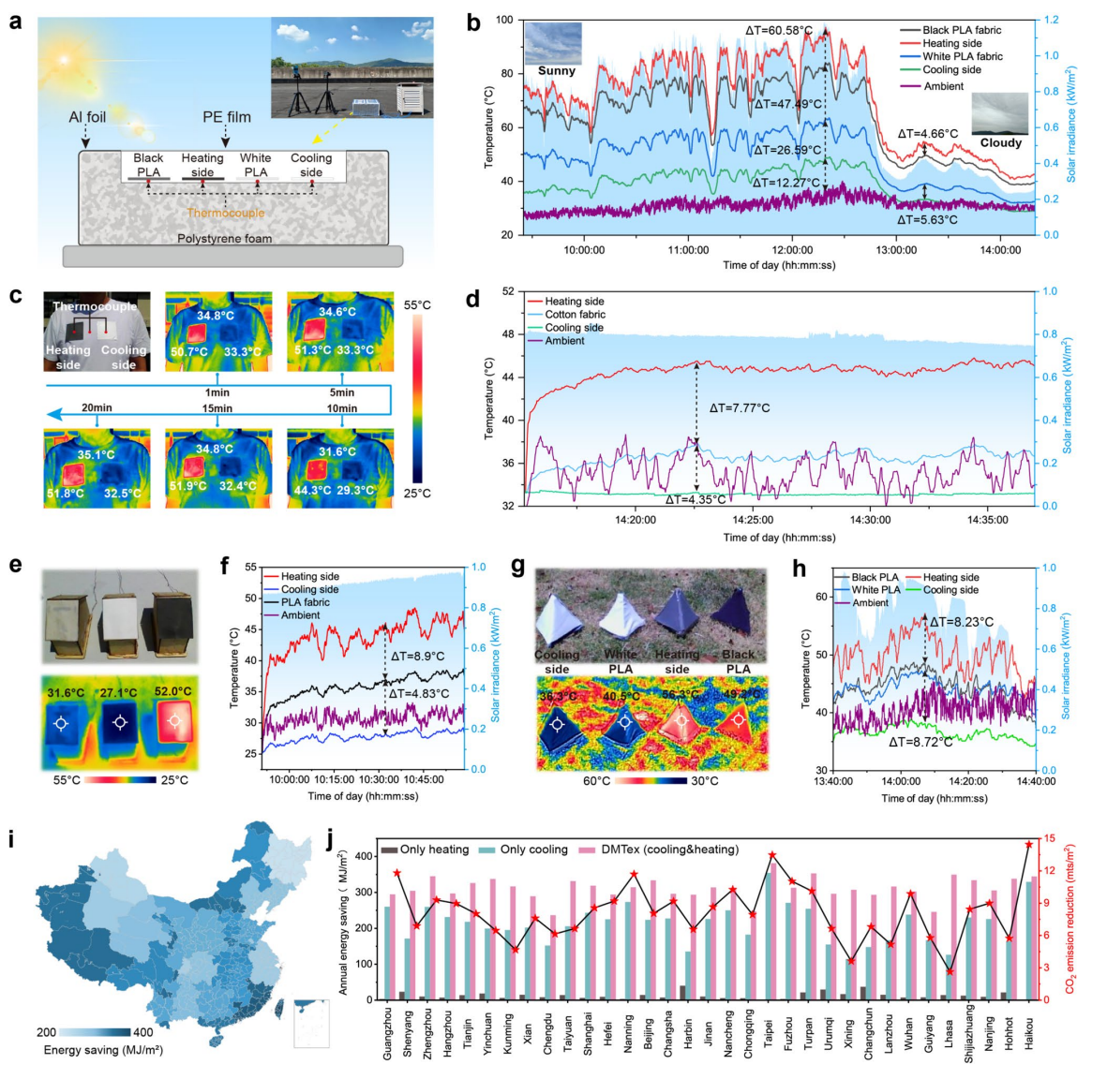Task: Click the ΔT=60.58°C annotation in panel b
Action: click(778, 30)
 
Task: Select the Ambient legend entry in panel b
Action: click(943, 86)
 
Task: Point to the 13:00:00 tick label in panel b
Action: click(896, 250)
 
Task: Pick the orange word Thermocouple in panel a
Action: click(225, 213)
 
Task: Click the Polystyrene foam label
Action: click(225, 239)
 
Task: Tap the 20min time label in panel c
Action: click(97, 407)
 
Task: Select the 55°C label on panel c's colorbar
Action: click(418, 305)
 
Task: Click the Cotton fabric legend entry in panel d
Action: click(575, 315)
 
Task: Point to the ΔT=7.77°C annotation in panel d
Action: click(740, 408)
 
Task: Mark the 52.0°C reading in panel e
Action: click(173, 692)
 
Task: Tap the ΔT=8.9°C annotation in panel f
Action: click(417, 657)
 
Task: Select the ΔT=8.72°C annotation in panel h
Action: click(920, 742)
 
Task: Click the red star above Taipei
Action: click(772, 855)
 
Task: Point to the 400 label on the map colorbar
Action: click(142, 1032)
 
